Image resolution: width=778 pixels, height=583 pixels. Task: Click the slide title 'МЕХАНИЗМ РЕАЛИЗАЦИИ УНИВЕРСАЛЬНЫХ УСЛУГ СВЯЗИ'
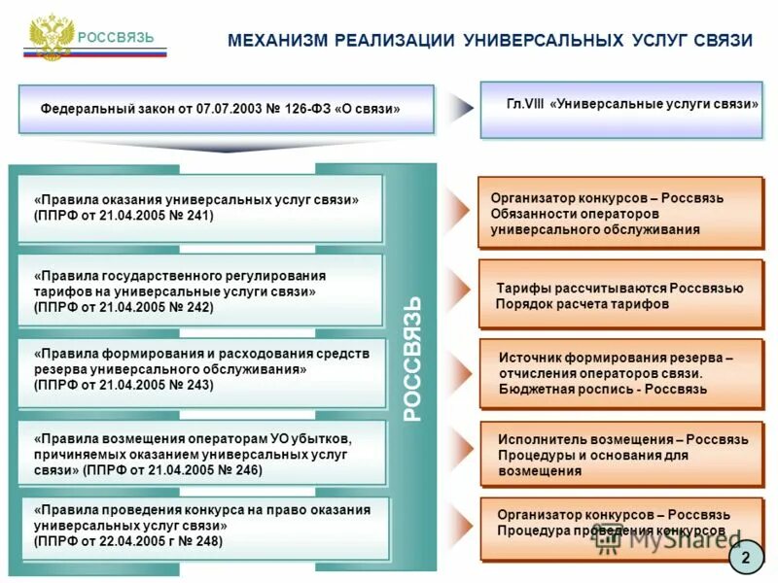pyautogui.click(x=490, y=40)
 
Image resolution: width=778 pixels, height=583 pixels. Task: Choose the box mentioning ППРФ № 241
pyautogui.click(x=199, y=208)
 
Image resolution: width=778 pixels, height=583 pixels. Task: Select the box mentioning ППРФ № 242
pyautogui.click(x=199, y=291)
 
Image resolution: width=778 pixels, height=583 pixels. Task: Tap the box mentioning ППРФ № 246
pyautogui.click(x=199, y=453)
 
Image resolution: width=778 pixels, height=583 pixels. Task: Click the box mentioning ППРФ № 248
pyautogui.click(x=199, y=527)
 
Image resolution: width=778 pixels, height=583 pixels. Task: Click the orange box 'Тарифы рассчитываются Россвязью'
pyautogui.click(x=619, y=295)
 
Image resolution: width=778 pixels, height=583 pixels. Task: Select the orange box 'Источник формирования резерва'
pyautogui.click(x=619, y=374)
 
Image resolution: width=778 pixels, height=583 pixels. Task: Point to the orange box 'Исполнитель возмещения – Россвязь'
pyautogui.click(x=621, y=455)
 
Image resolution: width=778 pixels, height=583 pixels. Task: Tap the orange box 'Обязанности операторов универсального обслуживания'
pyautogui.click(x=619, y=213)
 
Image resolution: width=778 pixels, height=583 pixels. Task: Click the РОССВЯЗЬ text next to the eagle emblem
pyautogui.click(x=117, y=38)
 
